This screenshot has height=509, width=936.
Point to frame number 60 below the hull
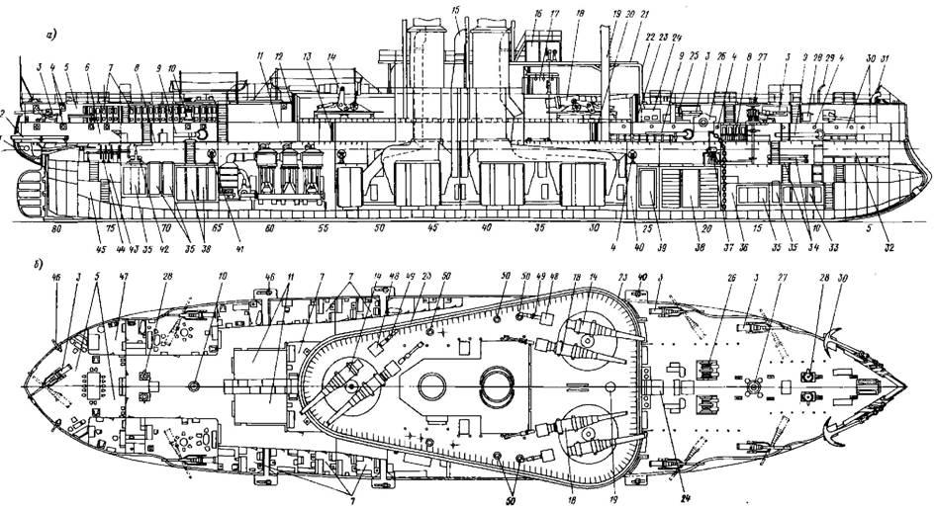268,228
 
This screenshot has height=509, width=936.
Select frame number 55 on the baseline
323,228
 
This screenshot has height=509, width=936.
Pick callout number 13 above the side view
309,58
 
